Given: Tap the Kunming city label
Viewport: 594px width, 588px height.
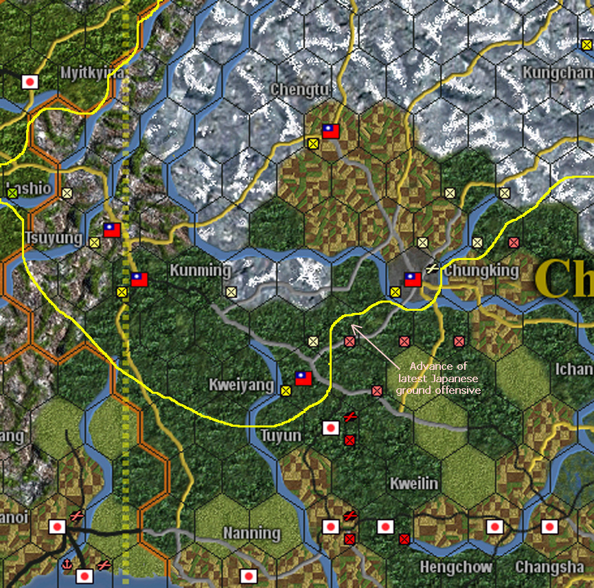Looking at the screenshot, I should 200,270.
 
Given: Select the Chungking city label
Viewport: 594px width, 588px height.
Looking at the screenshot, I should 481,270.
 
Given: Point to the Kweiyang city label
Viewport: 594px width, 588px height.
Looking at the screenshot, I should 241,385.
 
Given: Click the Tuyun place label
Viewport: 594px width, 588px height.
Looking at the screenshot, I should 281,436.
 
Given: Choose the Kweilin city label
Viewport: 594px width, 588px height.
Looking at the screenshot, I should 413,483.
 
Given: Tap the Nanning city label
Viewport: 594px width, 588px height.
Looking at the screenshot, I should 252,533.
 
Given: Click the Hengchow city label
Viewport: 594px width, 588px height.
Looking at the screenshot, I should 456,567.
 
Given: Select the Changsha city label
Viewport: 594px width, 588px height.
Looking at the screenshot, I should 549,567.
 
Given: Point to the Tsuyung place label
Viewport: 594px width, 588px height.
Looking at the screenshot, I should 50,237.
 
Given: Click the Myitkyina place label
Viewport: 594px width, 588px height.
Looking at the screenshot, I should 91,72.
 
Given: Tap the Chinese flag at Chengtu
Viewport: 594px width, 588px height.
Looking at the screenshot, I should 331,131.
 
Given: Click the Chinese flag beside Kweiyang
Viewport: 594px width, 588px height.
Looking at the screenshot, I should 304,377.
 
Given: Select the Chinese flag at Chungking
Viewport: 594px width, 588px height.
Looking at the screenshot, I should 413,279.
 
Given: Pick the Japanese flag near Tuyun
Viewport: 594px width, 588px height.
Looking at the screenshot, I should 331,428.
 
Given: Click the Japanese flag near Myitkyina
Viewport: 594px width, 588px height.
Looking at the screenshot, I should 30,82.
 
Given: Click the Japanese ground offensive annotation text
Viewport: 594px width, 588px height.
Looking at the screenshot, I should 438,378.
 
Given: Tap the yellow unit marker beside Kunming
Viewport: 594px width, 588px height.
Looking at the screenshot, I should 231,291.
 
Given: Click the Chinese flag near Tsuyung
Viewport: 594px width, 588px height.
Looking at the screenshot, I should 112,230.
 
